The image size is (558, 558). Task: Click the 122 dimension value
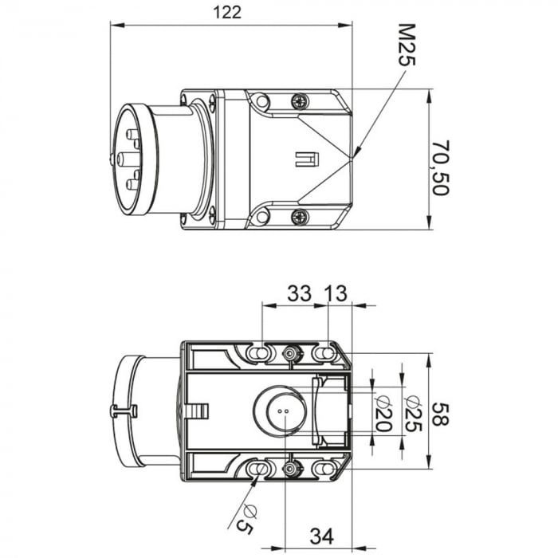227,13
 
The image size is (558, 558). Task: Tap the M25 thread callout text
407,45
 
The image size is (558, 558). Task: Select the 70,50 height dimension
442,167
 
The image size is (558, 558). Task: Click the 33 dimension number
299,294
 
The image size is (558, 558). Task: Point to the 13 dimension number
336,294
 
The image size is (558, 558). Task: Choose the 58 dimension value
441,415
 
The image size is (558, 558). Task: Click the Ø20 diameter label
383,413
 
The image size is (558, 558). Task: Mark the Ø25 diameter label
414,413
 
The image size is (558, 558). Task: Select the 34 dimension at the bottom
322,536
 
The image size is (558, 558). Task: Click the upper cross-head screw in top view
300,101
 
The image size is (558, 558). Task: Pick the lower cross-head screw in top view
300,217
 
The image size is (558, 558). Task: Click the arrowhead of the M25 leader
356,151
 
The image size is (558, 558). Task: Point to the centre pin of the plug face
125,158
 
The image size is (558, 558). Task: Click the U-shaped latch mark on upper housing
308,159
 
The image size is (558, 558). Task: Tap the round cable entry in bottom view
280,412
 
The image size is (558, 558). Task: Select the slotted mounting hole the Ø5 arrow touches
258,469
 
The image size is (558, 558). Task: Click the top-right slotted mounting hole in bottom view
324,353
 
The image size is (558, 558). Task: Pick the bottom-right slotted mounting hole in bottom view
324,469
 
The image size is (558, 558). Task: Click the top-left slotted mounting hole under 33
258,353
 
